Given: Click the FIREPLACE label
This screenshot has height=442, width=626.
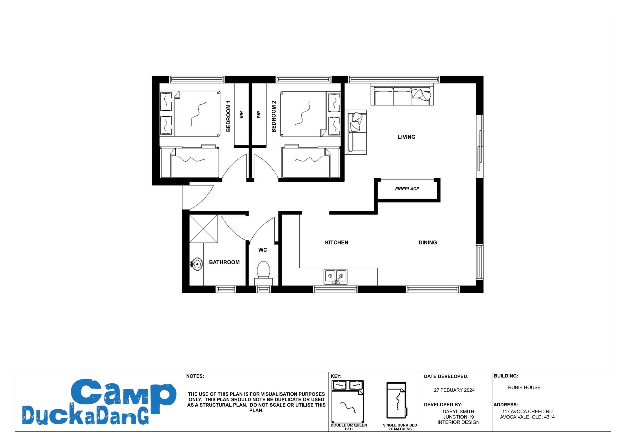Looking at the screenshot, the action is click(x=407, y=189).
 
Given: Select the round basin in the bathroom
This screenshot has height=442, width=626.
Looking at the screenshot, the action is click(x=197, y=264).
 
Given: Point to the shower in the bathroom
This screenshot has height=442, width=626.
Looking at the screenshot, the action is click(x=204, y=229).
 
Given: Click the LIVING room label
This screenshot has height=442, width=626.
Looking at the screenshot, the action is click(x=406, y=137).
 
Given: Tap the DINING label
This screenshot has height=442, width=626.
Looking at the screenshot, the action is click(x=427, y=242).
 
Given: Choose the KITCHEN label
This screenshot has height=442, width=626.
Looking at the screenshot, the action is click(x=336, y=242).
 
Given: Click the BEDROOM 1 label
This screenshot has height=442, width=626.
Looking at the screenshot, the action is click(x=228, y=116).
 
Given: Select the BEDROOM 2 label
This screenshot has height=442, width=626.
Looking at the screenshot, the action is click(x=274, y=116).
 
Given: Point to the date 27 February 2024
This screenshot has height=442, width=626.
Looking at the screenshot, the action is click(x=454, y=390).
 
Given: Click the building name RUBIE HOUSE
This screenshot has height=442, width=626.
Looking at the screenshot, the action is click(x=524, y=387).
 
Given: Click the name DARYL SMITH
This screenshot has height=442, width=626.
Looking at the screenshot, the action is click(x=458, y=411).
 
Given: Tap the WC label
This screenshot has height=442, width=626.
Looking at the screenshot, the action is click(x=263, y=250).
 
